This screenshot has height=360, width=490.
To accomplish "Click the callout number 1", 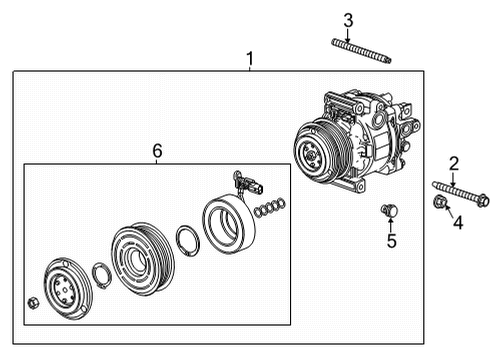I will tap(249, 59).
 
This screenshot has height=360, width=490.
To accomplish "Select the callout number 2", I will tap(453, 163).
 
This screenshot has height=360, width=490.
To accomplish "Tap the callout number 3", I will tap(348, 19).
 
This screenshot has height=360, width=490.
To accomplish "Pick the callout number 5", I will tap(392, 240).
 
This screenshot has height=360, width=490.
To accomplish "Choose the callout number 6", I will tap(157, 150).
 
